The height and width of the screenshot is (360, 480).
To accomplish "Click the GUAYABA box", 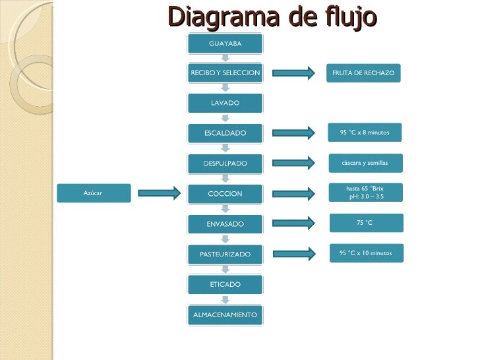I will tap(225, 44).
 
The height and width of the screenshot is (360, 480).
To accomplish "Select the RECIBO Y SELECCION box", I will tap(225, 73).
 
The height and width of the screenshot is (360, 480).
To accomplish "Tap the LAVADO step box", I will tap(225, 104).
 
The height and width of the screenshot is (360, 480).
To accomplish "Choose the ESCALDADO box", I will tap(225, 133).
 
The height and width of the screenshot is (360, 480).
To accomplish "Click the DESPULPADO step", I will tap(225, 163).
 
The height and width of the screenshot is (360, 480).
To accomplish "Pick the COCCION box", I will tap(225, 194).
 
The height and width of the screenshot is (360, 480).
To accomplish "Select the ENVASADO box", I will tap(225, 224).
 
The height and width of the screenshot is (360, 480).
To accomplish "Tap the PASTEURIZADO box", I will tap(225, 254).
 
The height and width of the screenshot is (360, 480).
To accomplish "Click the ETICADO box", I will tap(225, 285).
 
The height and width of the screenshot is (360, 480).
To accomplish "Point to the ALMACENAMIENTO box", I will tap(225, 315).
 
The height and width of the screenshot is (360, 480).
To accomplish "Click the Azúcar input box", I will tap(93, 193).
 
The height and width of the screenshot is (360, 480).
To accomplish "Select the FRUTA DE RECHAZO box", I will tap(363, 73).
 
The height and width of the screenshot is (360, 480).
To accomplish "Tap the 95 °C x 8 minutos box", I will tap(365, 133).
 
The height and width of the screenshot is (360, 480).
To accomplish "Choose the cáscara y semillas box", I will tap(365, 163).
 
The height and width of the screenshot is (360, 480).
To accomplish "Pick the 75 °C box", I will tap(366, 223).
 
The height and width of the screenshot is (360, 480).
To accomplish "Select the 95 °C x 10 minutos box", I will tap(366, 253).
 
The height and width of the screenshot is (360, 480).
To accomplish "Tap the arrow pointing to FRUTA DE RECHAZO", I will tap(294, 73).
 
